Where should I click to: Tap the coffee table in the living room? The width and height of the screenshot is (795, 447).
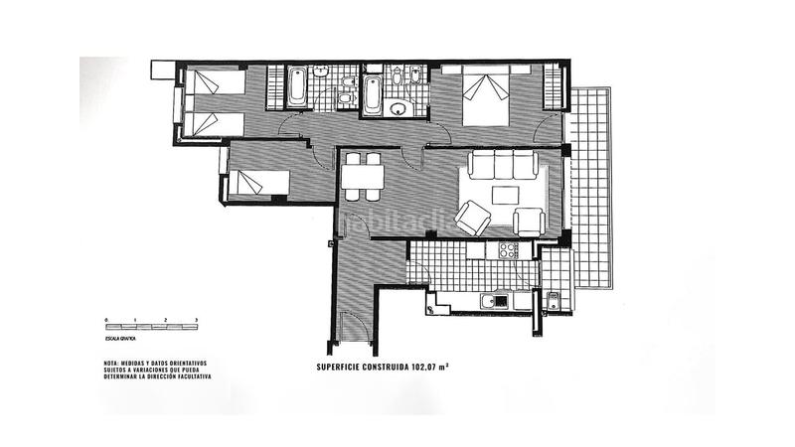[504, 195]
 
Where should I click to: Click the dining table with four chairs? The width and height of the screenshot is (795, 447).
[362, 177]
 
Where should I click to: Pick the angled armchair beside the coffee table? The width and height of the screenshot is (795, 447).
[472, 218]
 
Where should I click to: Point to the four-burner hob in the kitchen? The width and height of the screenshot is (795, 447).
[508, 250]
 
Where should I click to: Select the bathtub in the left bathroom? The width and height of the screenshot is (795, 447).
[298, 88]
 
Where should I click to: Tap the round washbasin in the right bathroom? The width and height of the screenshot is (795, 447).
[399, 108]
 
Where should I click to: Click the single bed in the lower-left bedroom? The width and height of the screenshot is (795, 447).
[260, 184]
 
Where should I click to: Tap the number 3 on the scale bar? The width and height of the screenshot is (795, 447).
[197, 319]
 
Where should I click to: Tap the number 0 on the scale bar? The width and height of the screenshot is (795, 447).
[105, 319]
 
